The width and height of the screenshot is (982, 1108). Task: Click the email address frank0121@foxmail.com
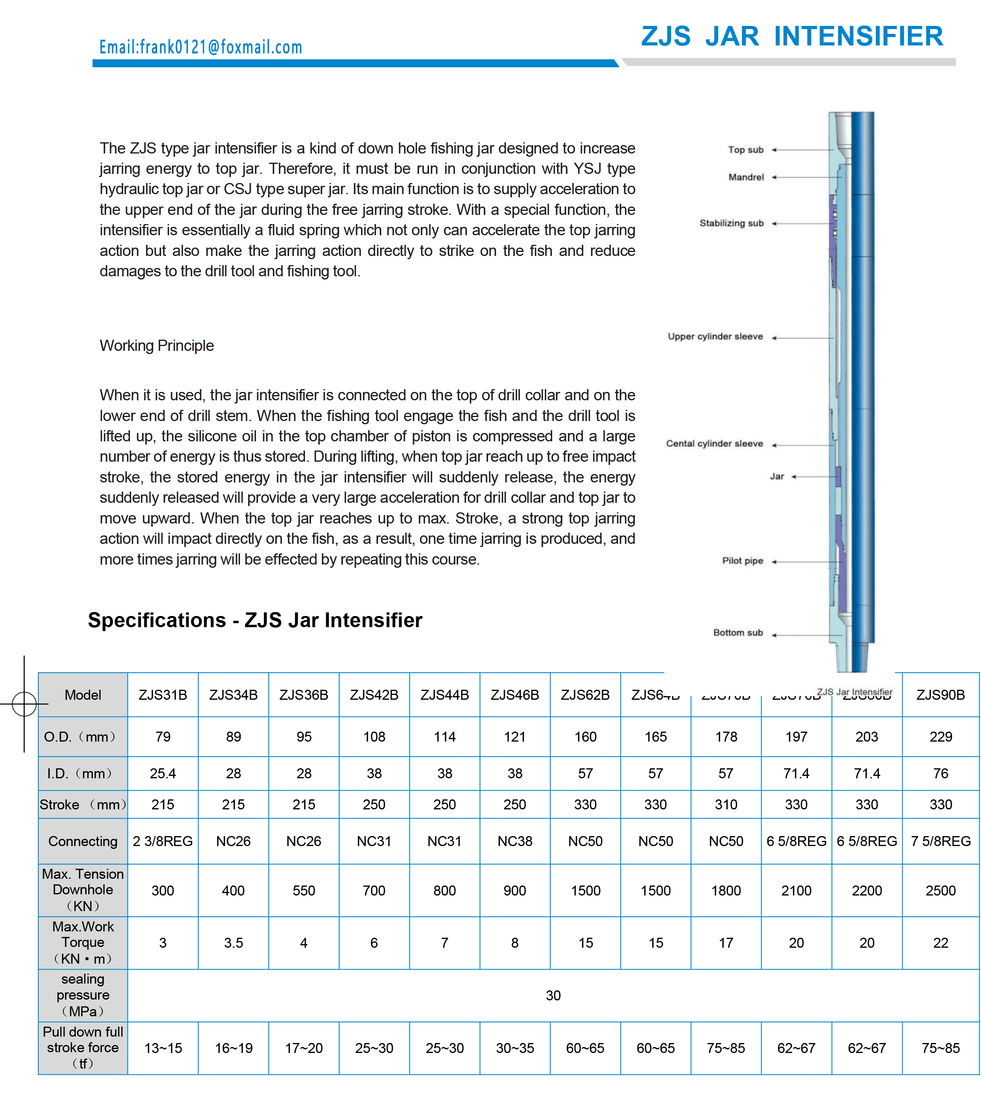tap(201, 47)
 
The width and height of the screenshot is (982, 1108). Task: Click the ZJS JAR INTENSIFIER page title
tap(791, 36)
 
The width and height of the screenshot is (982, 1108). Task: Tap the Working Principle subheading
tap(157, 345)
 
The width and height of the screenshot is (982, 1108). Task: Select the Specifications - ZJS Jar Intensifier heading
tap(255, 620)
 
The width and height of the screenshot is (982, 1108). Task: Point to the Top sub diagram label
tap(745, 150)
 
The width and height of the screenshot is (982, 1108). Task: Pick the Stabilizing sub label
tap(731, 223)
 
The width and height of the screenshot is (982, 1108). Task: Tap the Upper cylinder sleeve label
tap(715, 337)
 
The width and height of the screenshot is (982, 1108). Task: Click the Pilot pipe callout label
tap(742, 561)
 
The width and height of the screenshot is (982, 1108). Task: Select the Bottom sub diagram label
tap(738, 633)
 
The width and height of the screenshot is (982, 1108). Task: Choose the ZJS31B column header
tap(163, 695)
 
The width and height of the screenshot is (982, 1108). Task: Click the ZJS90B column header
tap(940, 695)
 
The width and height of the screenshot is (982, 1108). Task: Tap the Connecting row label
tap(83, 841)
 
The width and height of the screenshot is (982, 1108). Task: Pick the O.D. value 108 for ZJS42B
tap(374, 737)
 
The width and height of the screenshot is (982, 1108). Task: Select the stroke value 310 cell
tap(726, 805)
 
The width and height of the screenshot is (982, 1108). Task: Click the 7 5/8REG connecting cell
tap(940, 841)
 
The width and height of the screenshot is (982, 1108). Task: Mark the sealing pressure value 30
tap(553, 995)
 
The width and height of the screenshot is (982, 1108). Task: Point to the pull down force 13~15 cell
tap(163, 1048)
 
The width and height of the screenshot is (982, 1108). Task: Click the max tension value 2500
tap(940, 891)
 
